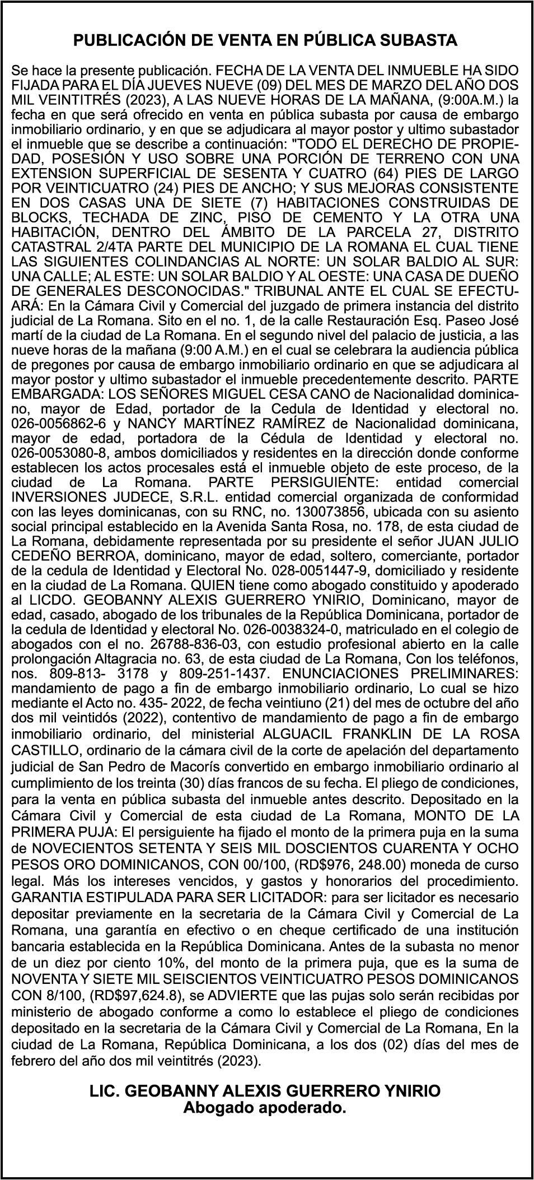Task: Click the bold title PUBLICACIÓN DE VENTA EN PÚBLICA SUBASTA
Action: pos(266,41)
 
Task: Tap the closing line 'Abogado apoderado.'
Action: pos(265,1108)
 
